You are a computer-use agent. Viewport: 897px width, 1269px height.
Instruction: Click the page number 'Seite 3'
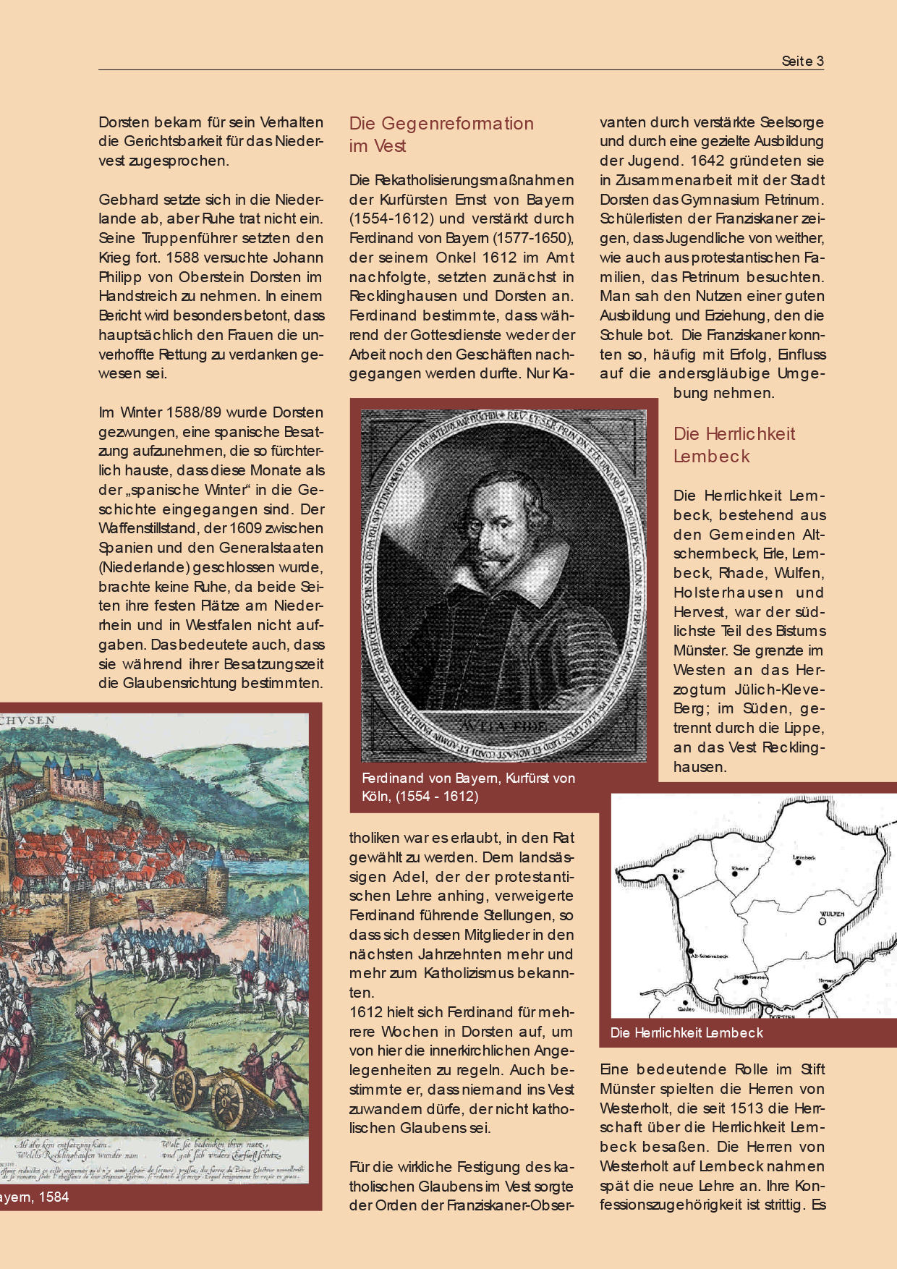[802, 61]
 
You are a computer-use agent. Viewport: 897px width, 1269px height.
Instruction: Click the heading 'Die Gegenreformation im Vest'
[441, 135]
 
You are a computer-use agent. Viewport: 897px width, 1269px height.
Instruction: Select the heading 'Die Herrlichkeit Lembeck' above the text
[734, 445]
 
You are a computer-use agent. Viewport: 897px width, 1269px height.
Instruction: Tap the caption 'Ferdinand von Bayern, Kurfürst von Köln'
[468, 787]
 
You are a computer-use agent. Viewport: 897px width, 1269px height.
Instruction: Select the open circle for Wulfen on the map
[822, 922]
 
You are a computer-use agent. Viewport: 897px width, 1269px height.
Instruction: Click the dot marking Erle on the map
[676, 876]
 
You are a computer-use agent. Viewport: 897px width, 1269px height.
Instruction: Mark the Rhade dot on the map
[735, 873]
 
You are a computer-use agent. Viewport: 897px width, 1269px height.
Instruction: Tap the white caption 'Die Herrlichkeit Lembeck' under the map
[686, 1033]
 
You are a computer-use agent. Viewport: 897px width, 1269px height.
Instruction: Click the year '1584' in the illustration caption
[54, 1197]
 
